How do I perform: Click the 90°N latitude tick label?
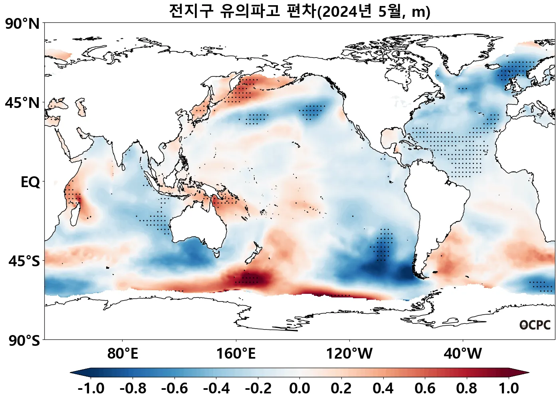pos(23,24)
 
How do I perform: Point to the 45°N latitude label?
pos(23,103)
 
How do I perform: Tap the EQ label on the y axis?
pos(30,182)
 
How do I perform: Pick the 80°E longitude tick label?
pos(123,354)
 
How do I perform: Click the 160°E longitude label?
pos(236,354)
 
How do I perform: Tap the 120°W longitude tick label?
pos(349,354)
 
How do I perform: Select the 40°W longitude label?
pos(463,354)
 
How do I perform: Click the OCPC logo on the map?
pos(535,325)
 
